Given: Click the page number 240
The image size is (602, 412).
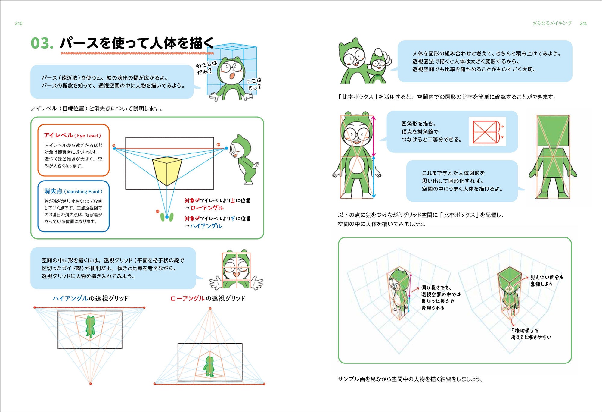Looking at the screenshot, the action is [x=19, y=24].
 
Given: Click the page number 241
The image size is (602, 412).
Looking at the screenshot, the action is [x=583, y=24].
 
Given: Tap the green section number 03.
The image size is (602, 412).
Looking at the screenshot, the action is [x=42, y=43].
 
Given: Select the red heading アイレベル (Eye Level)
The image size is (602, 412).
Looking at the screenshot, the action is [x=73, y=135].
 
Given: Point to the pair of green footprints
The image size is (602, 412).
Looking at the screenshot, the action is [x=167, y=217].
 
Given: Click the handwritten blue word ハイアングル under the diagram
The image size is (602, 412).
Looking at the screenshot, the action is [x=206, y=226].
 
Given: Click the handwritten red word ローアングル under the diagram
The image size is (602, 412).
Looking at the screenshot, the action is [x=207, y=208].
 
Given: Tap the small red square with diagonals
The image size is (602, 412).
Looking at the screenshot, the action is [x=485, y=132].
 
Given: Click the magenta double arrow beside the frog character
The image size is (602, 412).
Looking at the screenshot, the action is [x=374, y=136].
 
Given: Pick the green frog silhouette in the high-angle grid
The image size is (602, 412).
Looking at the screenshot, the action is [x=90, y=326].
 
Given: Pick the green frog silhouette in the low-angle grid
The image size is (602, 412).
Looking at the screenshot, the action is [x=209, y=366].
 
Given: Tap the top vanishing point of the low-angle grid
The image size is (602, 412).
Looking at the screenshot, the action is [x=210, y=308].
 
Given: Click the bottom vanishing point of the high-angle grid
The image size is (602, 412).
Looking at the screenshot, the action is [x=90, y=384].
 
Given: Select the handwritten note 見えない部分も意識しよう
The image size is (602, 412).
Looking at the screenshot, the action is [x=547, y=281].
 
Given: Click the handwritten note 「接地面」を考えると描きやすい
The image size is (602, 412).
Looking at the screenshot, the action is [x=531, y=334].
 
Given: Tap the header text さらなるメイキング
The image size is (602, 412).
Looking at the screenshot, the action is [x=552, y=23].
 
